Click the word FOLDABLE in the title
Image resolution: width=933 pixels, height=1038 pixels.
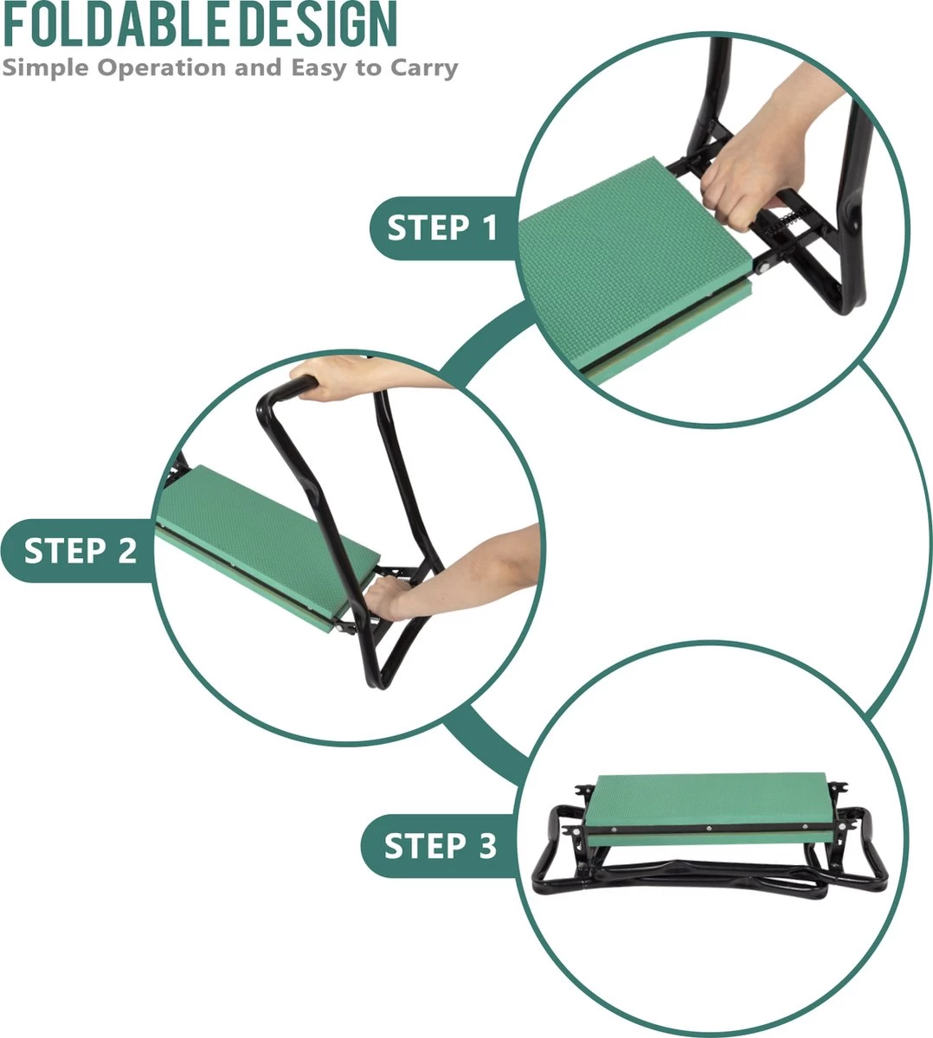click(x=115, y=24)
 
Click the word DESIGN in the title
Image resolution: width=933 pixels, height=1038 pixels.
click(x=319, y=24)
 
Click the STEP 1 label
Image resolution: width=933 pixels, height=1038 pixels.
click(x=442, y=228)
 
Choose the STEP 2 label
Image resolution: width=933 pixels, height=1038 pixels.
click(x=80, y=551)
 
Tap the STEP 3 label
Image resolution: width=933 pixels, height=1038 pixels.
click(x=441, y=846)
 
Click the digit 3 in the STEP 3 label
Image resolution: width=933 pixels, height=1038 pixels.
click(x=487, y=846)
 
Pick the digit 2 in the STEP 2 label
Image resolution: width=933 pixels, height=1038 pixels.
click(x=126, y=551)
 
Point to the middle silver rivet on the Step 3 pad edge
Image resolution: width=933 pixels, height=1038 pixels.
click(x=709, y=829)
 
